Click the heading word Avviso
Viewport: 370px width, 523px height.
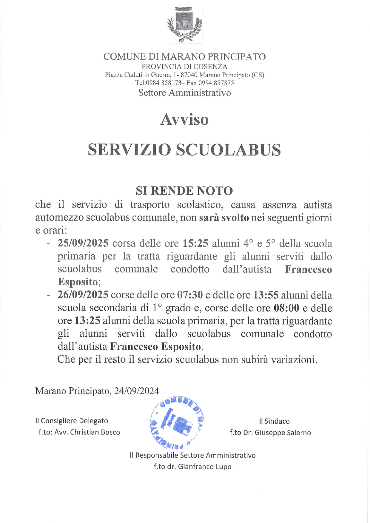[184, 120]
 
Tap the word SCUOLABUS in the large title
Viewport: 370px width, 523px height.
[228, 150]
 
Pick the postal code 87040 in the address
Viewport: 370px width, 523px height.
[189, 75]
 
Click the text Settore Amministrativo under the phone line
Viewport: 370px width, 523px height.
[184, 93]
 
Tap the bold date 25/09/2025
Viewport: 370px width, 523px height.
[83, 243]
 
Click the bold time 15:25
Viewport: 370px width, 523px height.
[195, 243]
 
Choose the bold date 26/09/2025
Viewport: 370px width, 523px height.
[83, 295]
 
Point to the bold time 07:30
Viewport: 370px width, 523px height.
[190, 295]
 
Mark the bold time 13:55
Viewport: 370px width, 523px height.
[266, 295]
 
